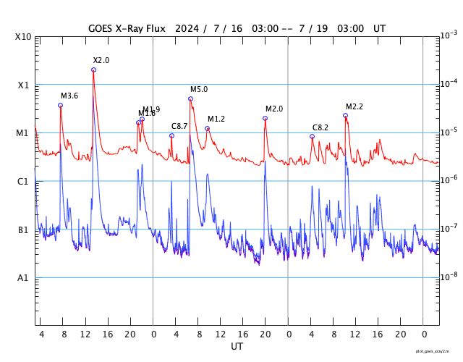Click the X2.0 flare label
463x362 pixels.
point(101,60)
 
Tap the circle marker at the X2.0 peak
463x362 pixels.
point(93,70)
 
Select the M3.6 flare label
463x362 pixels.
point(69,96)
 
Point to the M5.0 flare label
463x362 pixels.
point(199,89)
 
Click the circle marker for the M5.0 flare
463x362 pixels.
point(190,98)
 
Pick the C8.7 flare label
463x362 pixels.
point(179,126)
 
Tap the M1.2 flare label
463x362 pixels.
point(216,119)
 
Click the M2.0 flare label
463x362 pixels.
point(274,109)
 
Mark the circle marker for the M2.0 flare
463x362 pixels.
point(265,118)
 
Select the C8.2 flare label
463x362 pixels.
point(320,127)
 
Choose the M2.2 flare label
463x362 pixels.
point(354,106)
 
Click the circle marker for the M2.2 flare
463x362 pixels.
point(345,115)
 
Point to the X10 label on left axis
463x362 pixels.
point(24,37)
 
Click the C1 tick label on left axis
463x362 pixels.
point(24,182)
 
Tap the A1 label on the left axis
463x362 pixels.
point(24,278)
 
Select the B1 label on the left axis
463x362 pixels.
point(24,230)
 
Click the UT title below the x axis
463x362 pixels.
point(237,347)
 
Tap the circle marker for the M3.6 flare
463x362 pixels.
point(60,105)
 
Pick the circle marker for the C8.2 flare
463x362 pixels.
point(312,136)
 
